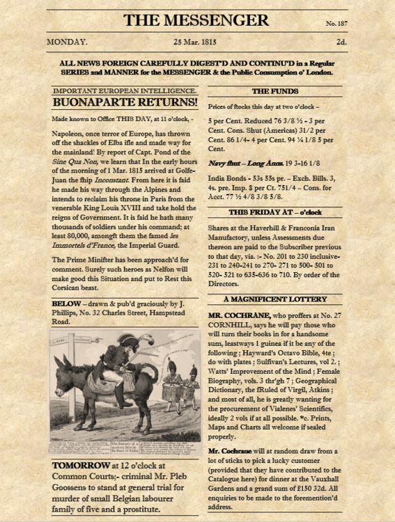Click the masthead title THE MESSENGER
[197, 19]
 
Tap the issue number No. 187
[336, 24]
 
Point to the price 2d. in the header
[341, 42]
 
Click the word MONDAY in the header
[67, 42]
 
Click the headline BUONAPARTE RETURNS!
[125, 103]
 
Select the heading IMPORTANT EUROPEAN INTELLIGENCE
[125, 90]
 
